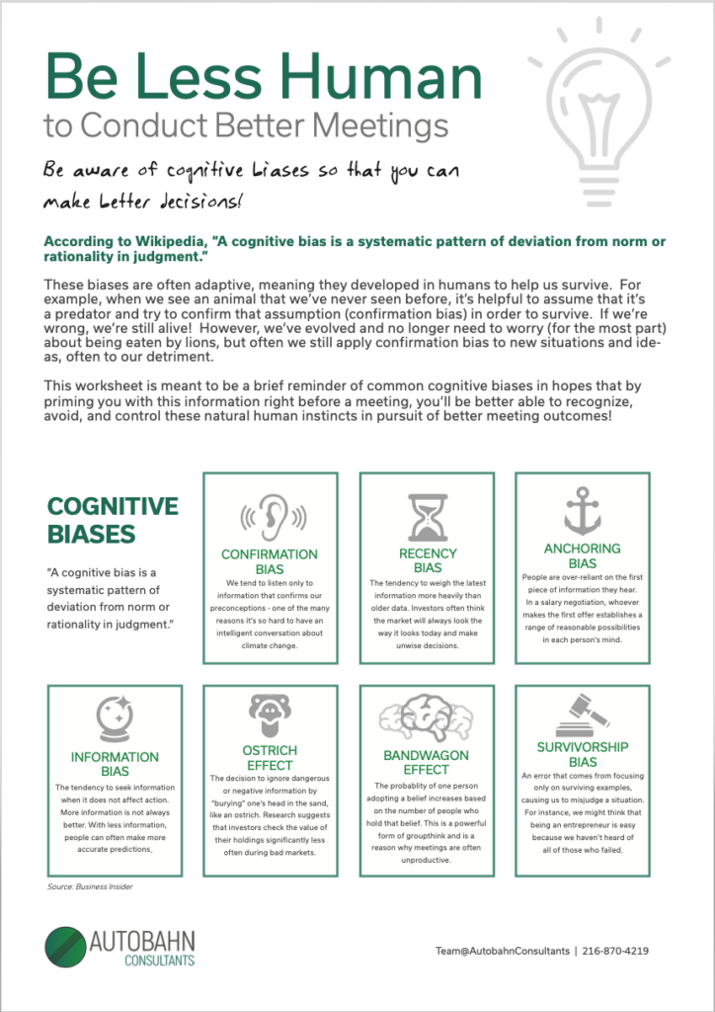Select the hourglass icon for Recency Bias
point(428,517)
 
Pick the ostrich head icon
point(270,715)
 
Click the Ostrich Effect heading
point(270,758)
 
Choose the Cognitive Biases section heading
point(113,521)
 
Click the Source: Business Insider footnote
point(90,886)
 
